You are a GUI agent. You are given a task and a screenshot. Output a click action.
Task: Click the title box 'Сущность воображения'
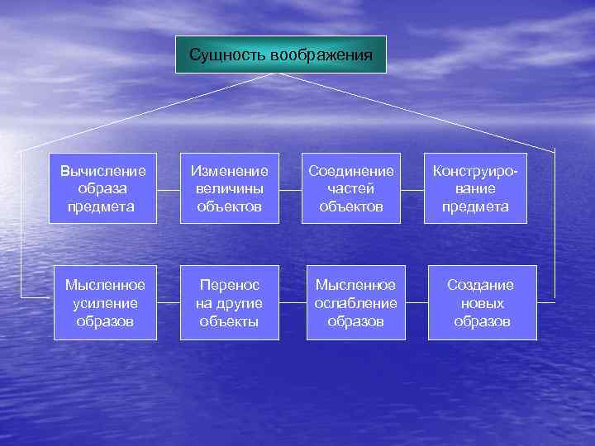(281, 55)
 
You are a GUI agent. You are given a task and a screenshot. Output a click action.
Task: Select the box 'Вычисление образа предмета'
(103, 188)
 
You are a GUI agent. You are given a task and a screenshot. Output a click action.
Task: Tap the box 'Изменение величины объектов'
(230, 188)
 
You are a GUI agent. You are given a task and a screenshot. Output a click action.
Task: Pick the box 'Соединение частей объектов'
(351, 188)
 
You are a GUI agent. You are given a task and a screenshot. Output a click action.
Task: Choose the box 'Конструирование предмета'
(481, 188)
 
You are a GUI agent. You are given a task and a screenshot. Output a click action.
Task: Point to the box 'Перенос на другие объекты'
(230, 302)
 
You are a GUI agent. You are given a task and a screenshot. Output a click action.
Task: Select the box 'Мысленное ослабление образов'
(355, 302)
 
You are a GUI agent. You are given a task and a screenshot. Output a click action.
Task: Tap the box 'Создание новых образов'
(481, 302)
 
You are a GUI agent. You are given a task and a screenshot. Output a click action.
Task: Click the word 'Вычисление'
(103, 171)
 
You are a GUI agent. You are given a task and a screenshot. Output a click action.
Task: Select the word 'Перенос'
(230, 285)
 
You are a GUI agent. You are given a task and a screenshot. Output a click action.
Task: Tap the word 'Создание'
(481, 285)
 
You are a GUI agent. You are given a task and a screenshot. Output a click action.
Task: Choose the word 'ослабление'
(355, 302)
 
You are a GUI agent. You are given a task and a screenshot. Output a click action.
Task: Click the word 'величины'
(230, 188)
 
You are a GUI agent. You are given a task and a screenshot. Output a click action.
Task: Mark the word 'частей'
(351, 188)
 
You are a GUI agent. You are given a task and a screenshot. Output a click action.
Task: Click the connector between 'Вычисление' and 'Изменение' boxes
(169, 188)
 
